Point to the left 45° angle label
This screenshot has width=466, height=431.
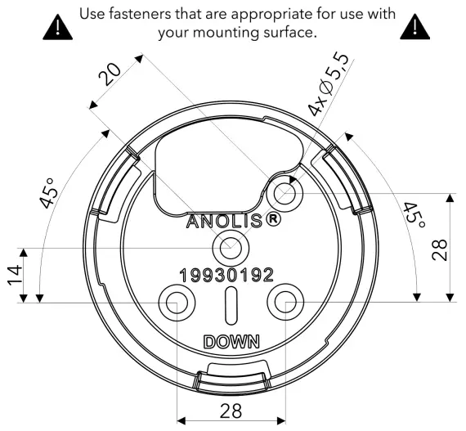[x=49, y=192]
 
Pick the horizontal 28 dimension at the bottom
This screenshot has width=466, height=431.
[x=231, y=411]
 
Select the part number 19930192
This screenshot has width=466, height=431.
[x=226, y=276]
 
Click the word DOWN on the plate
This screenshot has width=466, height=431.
[x=231, y=341]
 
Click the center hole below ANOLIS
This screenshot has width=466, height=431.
[x=231, y=246]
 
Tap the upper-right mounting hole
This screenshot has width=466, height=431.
[x=285, y=192]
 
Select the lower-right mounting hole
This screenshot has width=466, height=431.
[x=286, y=302]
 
